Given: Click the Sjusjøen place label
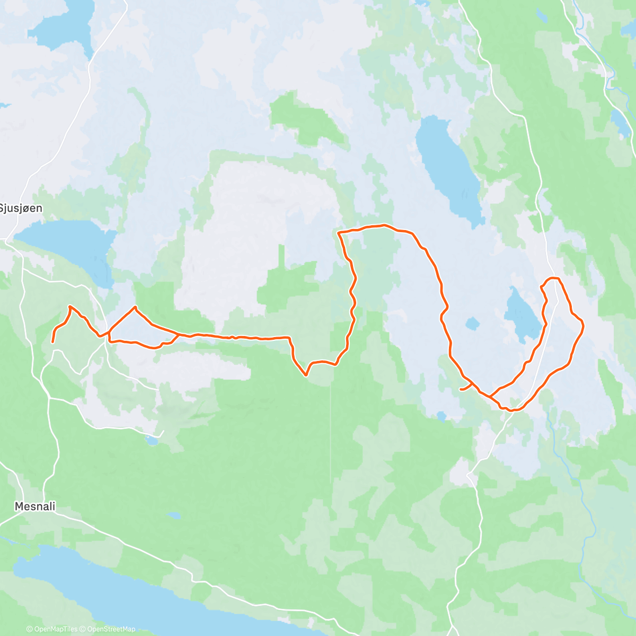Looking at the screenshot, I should pos(21,208).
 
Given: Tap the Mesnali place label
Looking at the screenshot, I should pos(35,506).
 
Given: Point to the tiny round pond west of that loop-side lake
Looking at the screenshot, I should pos(472,323).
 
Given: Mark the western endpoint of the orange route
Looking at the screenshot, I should pos(52,342).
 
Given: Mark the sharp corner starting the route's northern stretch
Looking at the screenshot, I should pos(338,232).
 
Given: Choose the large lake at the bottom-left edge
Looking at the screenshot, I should pos(132,594).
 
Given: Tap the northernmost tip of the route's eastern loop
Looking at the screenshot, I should pos(553,278).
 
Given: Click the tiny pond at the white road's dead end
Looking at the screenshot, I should pos(152,439).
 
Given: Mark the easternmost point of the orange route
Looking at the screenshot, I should pos(584,326).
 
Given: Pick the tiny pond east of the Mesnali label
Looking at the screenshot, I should pos(173,515).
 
